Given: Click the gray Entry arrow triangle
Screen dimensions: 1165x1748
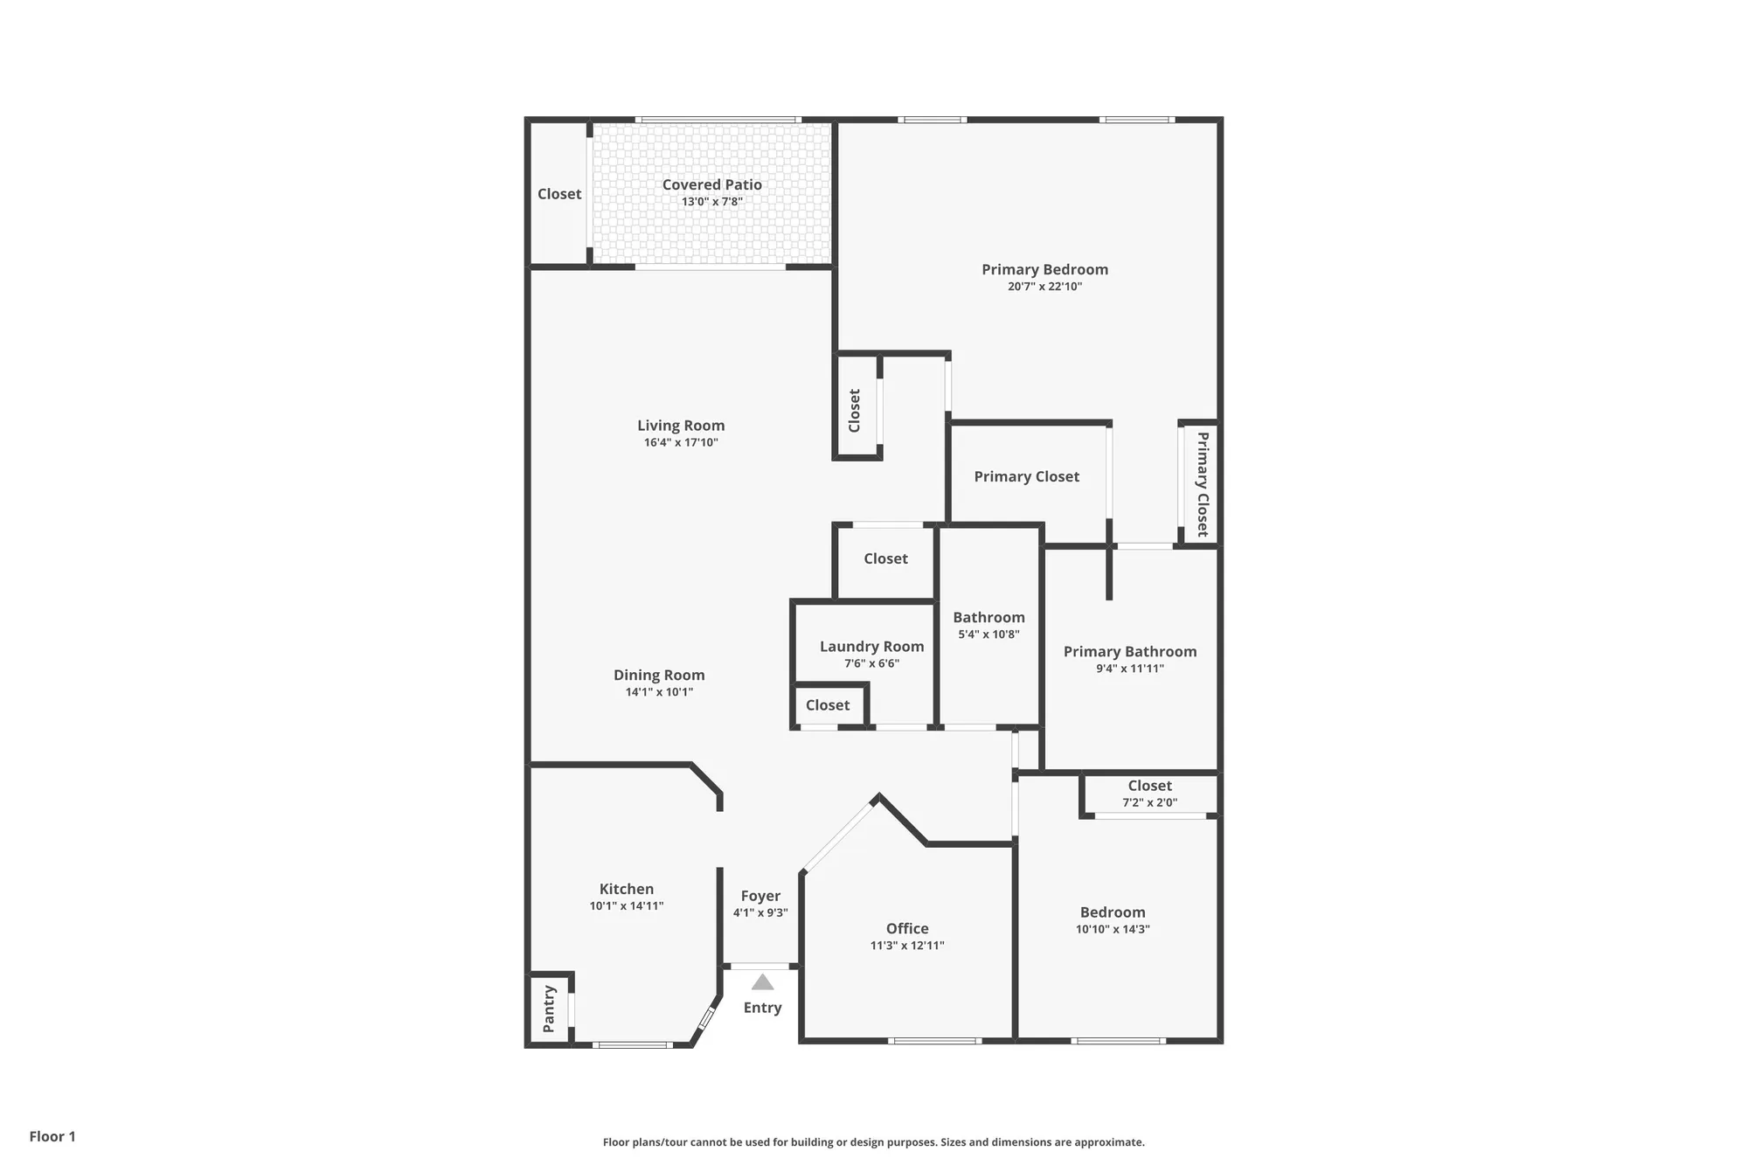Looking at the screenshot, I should coord(762,982).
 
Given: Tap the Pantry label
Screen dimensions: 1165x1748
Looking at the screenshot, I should coord(549,1009).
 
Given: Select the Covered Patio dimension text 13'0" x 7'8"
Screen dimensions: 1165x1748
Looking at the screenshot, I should coord(712,202).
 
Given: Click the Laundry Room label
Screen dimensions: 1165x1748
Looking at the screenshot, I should coord(871,647).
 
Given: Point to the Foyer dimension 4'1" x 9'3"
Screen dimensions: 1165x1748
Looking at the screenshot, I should coord(760,913).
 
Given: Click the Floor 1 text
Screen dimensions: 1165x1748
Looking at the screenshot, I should coord(52,1136).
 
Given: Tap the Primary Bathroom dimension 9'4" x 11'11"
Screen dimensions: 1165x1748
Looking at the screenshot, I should coord(1130,669).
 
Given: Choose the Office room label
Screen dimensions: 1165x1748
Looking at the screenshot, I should coord(907,928).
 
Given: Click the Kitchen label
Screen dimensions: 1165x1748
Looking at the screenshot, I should coord(627,889).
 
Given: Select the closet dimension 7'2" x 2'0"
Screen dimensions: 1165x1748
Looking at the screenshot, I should coord(1149,802).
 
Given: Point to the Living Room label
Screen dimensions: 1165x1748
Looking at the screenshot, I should coord(681,426).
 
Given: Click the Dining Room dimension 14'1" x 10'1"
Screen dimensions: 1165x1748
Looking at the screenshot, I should coord(659,692).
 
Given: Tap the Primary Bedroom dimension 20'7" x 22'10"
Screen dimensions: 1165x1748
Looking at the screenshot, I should coord(1044,287).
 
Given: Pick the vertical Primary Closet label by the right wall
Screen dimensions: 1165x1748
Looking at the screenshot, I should coord(1203,483).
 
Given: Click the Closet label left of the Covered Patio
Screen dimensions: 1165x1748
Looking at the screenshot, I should coord(559,194).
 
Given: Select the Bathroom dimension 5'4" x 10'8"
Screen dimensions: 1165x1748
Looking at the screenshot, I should coord(988,635).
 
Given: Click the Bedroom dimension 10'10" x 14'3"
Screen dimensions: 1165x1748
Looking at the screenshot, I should coord(1113,930).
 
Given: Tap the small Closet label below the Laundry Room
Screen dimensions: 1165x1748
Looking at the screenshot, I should coord(828,705).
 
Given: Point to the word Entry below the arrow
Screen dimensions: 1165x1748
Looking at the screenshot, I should coord(762,1008).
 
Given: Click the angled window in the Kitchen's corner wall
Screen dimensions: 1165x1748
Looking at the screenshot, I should coord(706,1019).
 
